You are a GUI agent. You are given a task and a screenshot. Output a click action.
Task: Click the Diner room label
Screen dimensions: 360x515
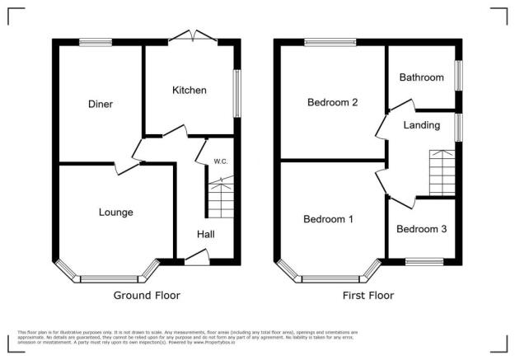[x=101, y=104]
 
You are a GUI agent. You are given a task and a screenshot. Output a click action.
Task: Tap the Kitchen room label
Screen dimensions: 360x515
[x=189, y=90]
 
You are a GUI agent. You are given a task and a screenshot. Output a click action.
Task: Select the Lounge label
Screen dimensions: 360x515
[x=116, y=213]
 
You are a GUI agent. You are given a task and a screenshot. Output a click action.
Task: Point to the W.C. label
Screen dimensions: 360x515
[x=220, y=161]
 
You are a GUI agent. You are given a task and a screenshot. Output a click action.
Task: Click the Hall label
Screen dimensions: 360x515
[x=205, y=235]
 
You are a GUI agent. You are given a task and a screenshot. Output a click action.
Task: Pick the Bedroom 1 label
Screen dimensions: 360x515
[x=328, y=219]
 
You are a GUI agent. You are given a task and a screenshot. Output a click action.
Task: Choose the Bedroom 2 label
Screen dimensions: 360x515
[x=331, y=103]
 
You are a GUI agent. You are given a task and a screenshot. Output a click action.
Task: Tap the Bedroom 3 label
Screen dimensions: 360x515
[x=421, y=229]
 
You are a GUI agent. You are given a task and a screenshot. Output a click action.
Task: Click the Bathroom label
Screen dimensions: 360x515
[x=421, y=77]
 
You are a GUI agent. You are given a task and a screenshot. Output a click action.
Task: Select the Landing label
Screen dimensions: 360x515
[x=420, y=125]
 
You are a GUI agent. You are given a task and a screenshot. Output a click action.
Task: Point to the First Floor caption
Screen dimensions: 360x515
[x=368, y=295]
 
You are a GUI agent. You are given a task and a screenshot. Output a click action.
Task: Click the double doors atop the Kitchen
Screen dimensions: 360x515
[x=191, y=35]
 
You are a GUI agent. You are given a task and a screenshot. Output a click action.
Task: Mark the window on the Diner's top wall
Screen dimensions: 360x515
[x=96, y=40]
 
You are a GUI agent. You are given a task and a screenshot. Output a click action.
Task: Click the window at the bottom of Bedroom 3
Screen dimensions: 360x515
[x=424, y=263]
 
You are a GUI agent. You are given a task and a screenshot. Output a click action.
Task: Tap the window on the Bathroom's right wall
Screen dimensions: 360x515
[x=460, y=72]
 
